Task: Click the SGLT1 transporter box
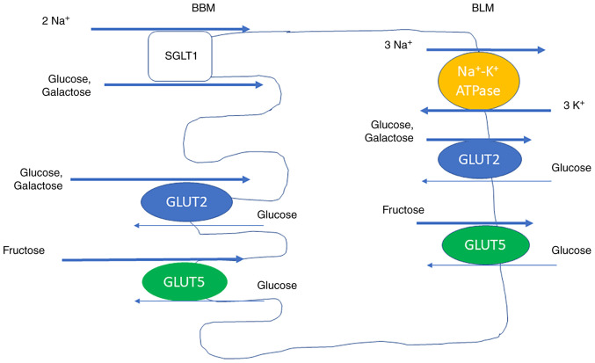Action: tap(180, 54)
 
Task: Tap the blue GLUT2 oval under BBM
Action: tap(186, 202)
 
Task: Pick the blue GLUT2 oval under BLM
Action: tap(480, 160)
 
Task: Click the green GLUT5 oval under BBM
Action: tap(185, 281)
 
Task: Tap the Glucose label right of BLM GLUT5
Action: tap(570, 250)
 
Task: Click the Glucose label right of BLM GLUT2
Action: tap(570, 168)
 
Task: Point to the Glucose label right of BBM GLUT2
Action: tap(277, 215)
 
